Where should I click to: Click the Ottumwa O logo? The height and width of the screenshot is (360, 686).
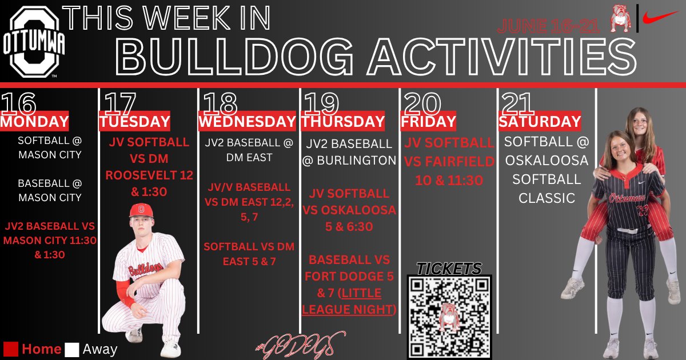click(x=36, y=43)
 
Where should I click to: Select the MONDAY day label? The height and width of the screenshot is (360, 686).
click(x=34, y=122)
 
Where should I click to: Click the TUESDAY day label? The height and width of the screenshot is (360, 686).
click(x=134, y=122)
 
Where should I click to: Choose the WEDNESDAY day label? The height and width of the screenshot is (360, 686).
click(x=247, y=122)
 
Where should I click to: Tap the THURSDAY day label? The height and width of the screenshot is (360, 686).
click(x=343, y=122)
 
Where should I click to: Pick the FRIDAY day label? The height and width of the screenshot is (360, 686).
click(x=428, y=122)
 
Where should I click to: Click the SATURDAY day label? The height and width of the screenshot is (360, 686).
click(x=540, y=122)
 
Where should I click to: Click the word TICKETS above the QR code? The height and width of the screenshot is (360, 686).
click(x=449, y=268)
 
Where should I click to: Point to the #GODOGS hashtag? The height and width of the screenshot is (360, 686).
click(x=300, y=345)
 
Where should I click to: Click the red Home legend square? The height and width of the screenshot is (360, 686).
click(x=11, y=349)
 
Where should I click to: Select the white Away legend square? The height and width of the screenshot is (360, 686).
click(x=72, y=349)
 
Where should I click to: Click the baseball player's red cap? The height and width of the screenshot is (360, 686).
click(x=141, y=210)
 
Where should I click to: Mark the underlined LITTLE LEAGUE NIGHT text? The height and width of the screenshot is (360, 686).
click(x=350, y=302)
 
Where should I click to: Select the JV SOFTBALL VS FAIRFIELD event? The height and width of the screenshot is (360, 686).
click(x=449, y=162)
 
